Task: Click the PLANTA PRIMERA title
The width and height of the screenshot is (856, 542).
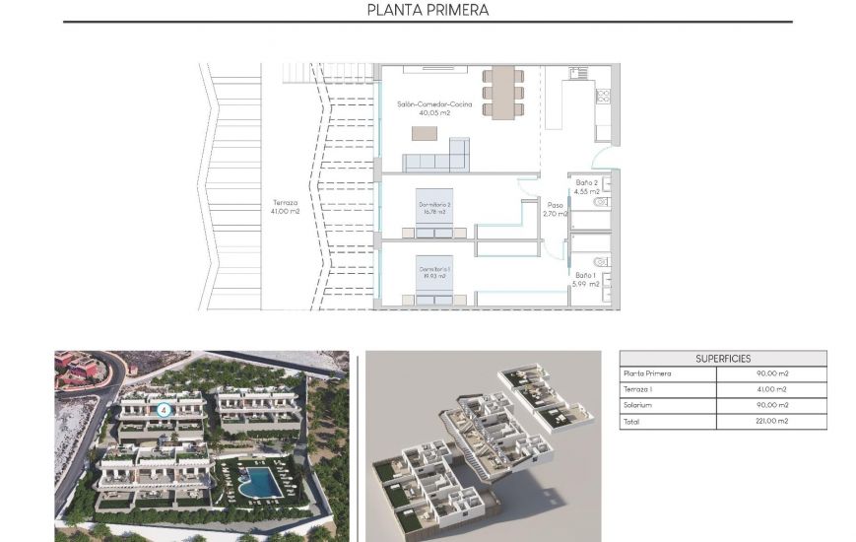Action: [428, 11]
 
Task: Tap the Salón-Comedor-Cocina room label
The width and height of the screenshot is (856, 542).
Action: [434, 103]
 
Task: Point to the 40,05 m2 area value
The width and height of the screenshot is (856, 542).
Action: [435, 113]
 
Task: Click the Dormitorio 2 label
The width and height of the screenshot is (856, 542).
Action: [434, 204]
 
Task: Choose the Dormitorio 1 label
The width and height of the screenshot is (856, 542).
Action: [434, 269]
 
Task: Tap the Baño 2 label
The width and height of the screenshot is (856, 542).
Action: [587, 182]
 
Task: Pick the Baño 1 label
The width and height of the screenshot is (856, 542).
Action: [587, 275]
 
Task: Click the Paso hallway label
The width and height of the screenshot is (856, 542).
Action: [555, 206]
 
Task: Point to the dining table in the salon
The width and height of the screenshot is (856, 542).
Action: [503, 92]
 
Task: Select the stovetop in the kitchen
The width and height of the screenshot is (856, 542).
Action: [603, 97]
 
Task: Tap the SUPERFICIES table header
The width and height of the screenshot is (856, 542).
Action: [723, 359]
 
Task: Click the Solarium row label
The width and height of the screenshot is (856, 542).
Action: [637, 405]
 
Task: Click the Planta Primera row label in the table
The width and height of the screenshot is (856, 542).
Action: [647, 374]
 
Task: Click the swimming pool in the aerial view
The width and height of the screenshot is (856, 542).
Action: [259, 482]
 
